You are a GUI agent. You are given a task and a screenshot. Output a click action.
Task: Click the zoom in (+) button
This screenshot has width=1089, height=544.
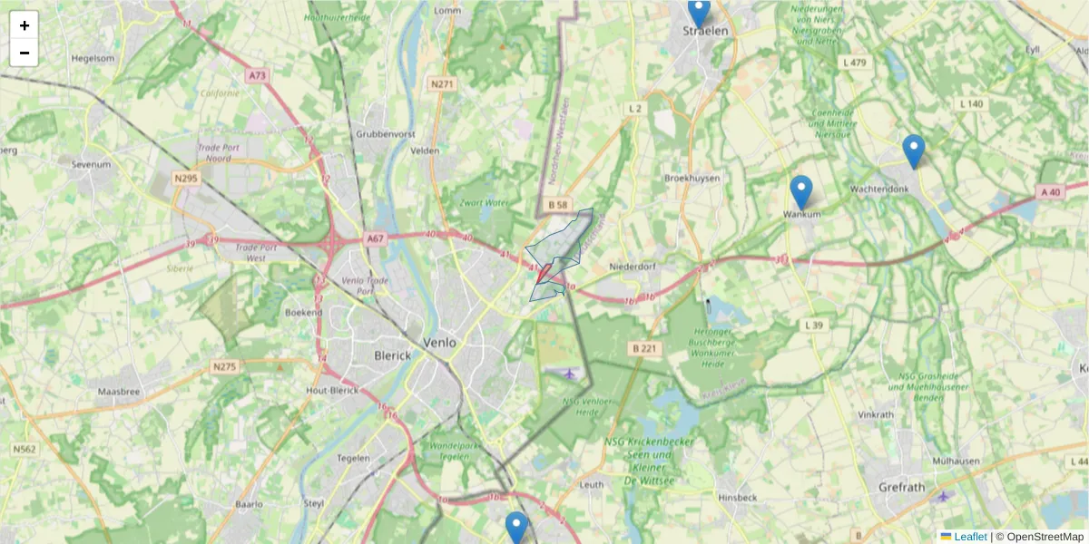(25, 25)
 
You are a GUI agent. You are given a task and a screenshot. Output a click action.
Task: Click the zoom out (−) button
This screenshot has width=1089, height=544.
(25, 53)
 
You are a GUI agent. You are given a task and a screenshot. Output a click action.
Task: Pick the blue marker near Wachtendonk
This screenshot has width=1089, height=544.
(913, 151)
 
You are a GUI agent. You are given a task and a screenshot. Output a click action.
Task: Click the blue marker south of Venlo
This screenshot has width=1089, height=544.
(516, 527)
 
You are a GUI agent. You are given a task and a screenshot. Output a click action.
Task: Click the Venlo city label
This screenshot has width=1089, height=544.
(441, 342)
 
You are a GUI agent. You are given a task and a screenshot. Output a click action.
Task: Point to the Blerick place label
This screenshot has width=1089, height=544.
(392, 355)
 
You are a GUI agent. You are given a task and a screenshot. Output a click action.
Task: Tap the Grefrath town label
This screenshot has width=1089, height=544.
(901, 487)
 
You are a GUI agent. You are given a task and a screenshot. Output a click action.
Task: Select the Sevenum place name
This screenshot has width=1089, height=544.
(91, 165)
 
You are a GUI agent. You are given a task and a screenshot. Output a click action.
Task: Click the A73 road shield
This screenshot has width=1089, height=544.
(257, 76)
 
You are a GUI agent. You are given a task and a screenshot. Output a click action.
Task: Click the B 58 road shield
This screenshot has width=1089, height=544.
(558, 206)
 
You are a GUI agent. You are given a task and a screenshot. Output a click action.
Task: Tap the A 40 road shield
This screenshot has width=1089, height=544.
(1050, 191)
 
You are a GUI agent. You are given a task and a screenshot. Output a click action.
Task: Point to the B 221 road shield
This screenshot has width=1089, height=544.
(644, 348)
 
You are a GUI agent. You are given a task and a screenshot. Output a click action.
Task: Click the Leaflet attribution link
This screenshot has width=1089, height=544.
(970, 537)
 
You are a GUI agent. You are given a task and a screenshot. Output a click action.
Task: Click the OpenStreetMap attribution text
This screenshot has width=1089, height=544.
(1045, 537)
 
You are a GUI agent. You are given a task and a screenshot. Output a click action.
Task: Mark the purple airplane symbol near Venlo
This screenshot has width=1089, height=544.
(570, 373)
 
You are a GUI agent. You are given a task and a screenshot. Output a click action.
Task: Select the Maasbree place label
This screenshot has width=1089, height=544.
(119, 392)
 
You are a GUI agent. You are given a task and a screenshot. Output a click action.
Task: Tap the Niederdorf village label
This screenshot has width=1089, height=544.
(633, 267)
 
